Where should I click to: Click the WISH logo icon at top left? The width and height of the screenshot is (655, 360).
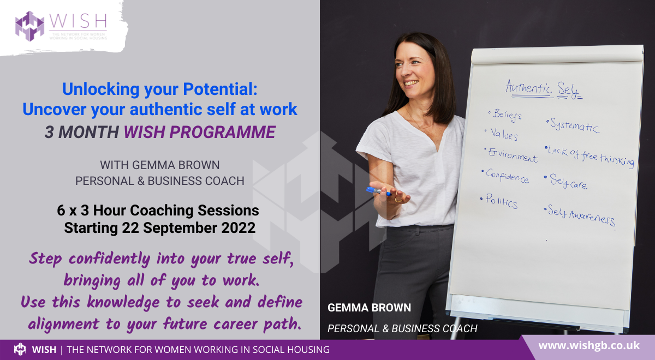pyautogui.click(x=29, y=26)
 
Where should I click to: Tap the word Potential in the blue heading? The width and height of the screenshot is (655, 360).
pyautogui.click(x=220, y=89)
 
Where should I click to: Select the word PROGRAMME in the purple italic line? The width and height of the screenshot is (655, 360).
pyautogui.click(x=223, y=132)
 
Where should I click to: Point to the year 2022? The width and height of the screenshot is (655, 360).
pyautogui.click(x=239, y=228)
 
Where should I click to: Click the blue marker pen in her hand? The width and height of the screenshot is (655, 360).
pyautogui.click(x=378, y=191)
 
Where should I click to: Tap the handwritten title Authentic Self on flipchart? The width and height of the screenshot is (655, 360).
pyautogui.click(x=544, y=89)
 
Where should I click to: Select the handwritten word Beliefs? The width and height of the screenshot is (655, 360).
pyautogui.click(x=507, y=115)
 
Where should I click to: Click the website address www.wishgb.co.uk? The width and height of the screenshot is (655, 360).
pyautogui.click(x=589, y=346)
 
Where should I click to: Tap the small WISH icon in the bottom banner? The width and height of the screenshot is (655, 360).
pyautogui.click(x=20, y=349)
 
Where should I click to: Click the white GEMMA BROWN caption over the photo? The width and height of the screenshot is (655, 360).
pyautogui.click(x=369, y=308)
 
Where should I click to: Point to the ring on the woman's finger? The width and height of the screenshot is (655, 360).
pyautogui.click(x=398, y=200)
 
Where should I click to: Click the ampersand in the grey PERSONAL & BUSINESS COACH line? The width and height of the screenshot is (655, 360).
pyautogui.click(x=141, y=181)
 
